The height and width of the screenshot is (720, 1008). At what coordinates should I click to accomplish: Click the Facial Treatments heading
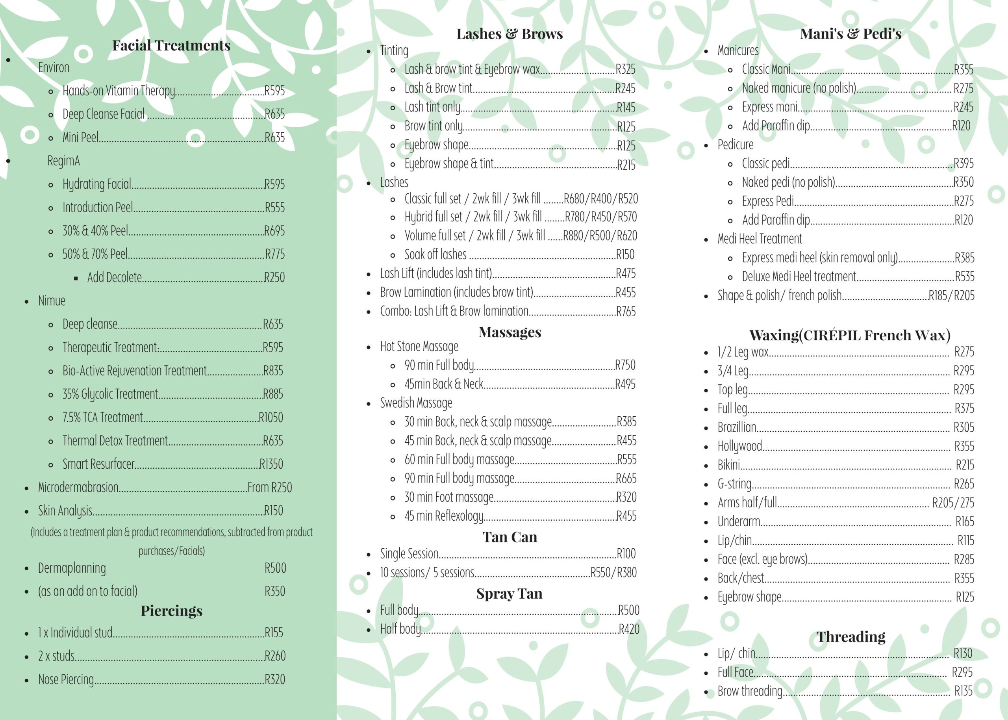coord(171,46)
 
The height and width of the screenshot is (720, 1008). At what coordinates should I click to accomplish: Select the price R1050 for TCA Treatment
coord(271,418)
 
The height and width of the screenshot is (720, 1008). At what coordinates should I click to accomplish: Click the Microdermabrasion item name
coord(78,488)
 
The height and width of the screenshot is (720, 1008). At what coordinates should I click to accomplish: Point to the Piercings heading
coord(171,611)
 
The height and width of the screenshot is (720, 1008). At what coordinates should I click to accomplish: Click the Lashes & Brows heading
coord(510,34)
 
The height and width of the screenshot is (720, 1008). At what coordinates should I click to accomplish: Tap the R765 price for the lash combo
coord(626,312)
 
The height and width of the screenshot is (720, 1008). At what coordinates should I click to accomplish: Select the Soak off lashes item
coord(435,254)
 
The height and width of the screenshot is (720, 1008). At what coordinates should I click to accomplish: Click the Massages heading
coord(510,332)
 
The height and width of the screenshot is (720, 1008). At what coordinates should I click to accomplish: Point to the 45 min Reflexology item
coord(443,516)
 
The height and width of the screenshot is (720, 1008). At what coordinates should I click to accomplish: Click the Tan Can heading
coord(510,537)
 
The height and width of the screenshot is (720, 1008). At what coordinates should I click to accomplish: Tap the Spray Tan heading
coord(509,594)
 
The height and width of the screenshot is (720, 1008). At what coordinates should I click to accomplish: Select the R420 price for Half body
coord(629,629)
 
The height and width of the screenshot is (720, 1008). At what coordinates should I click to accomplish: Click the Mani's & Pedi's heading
coord(850,34)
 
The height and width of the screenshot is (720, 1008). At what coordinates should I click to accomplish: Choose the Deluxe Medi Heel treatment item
coord(799,276)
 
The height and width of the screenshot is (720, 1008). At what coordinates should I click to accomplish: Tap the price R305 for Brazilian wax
coord(964,427)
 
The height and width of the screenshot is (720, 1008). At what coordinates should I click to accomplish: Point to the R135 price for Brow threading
coord(963,691)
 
